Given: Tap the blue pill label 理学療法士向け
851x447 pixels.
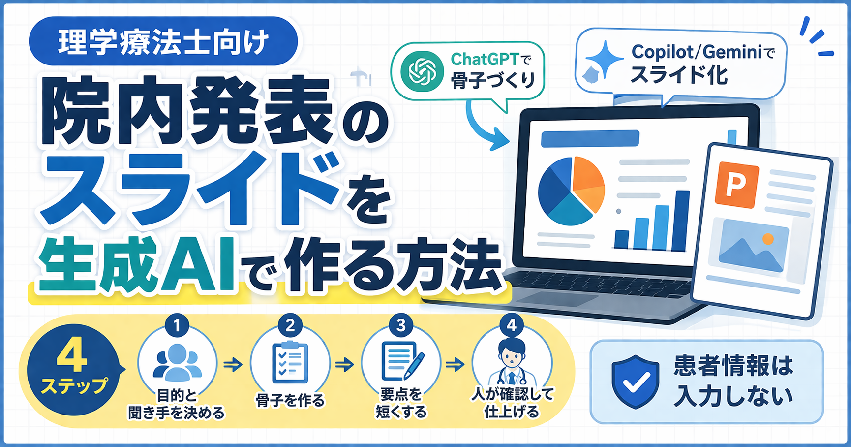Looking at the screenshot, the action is tap(163, 41).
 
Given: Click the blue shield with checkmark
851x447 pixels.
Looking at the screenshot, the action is tap(636, 382).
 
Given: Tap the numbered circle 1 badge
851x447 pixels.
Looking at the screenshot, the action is tap(178, 325).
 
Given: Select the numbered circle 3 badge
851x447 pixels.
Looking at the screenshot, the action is tap(401, 325).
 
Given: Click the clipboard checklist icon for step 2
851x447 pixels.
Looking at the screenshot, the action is tap(290, 362).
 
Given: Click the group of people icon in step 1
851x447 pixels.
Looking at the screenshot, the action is tap(178, 362).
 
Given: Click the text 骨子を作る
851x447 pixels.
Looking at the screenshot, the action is tap(290, 400).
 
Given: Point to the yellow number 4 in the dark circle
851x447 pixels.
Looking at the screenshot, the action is tap(72, 358).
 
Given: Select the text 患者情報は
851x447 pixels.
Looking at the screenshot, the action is tap(733, 366).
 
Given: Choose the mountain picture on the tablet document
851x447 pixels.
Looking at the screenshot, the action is tap(753, 246).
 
